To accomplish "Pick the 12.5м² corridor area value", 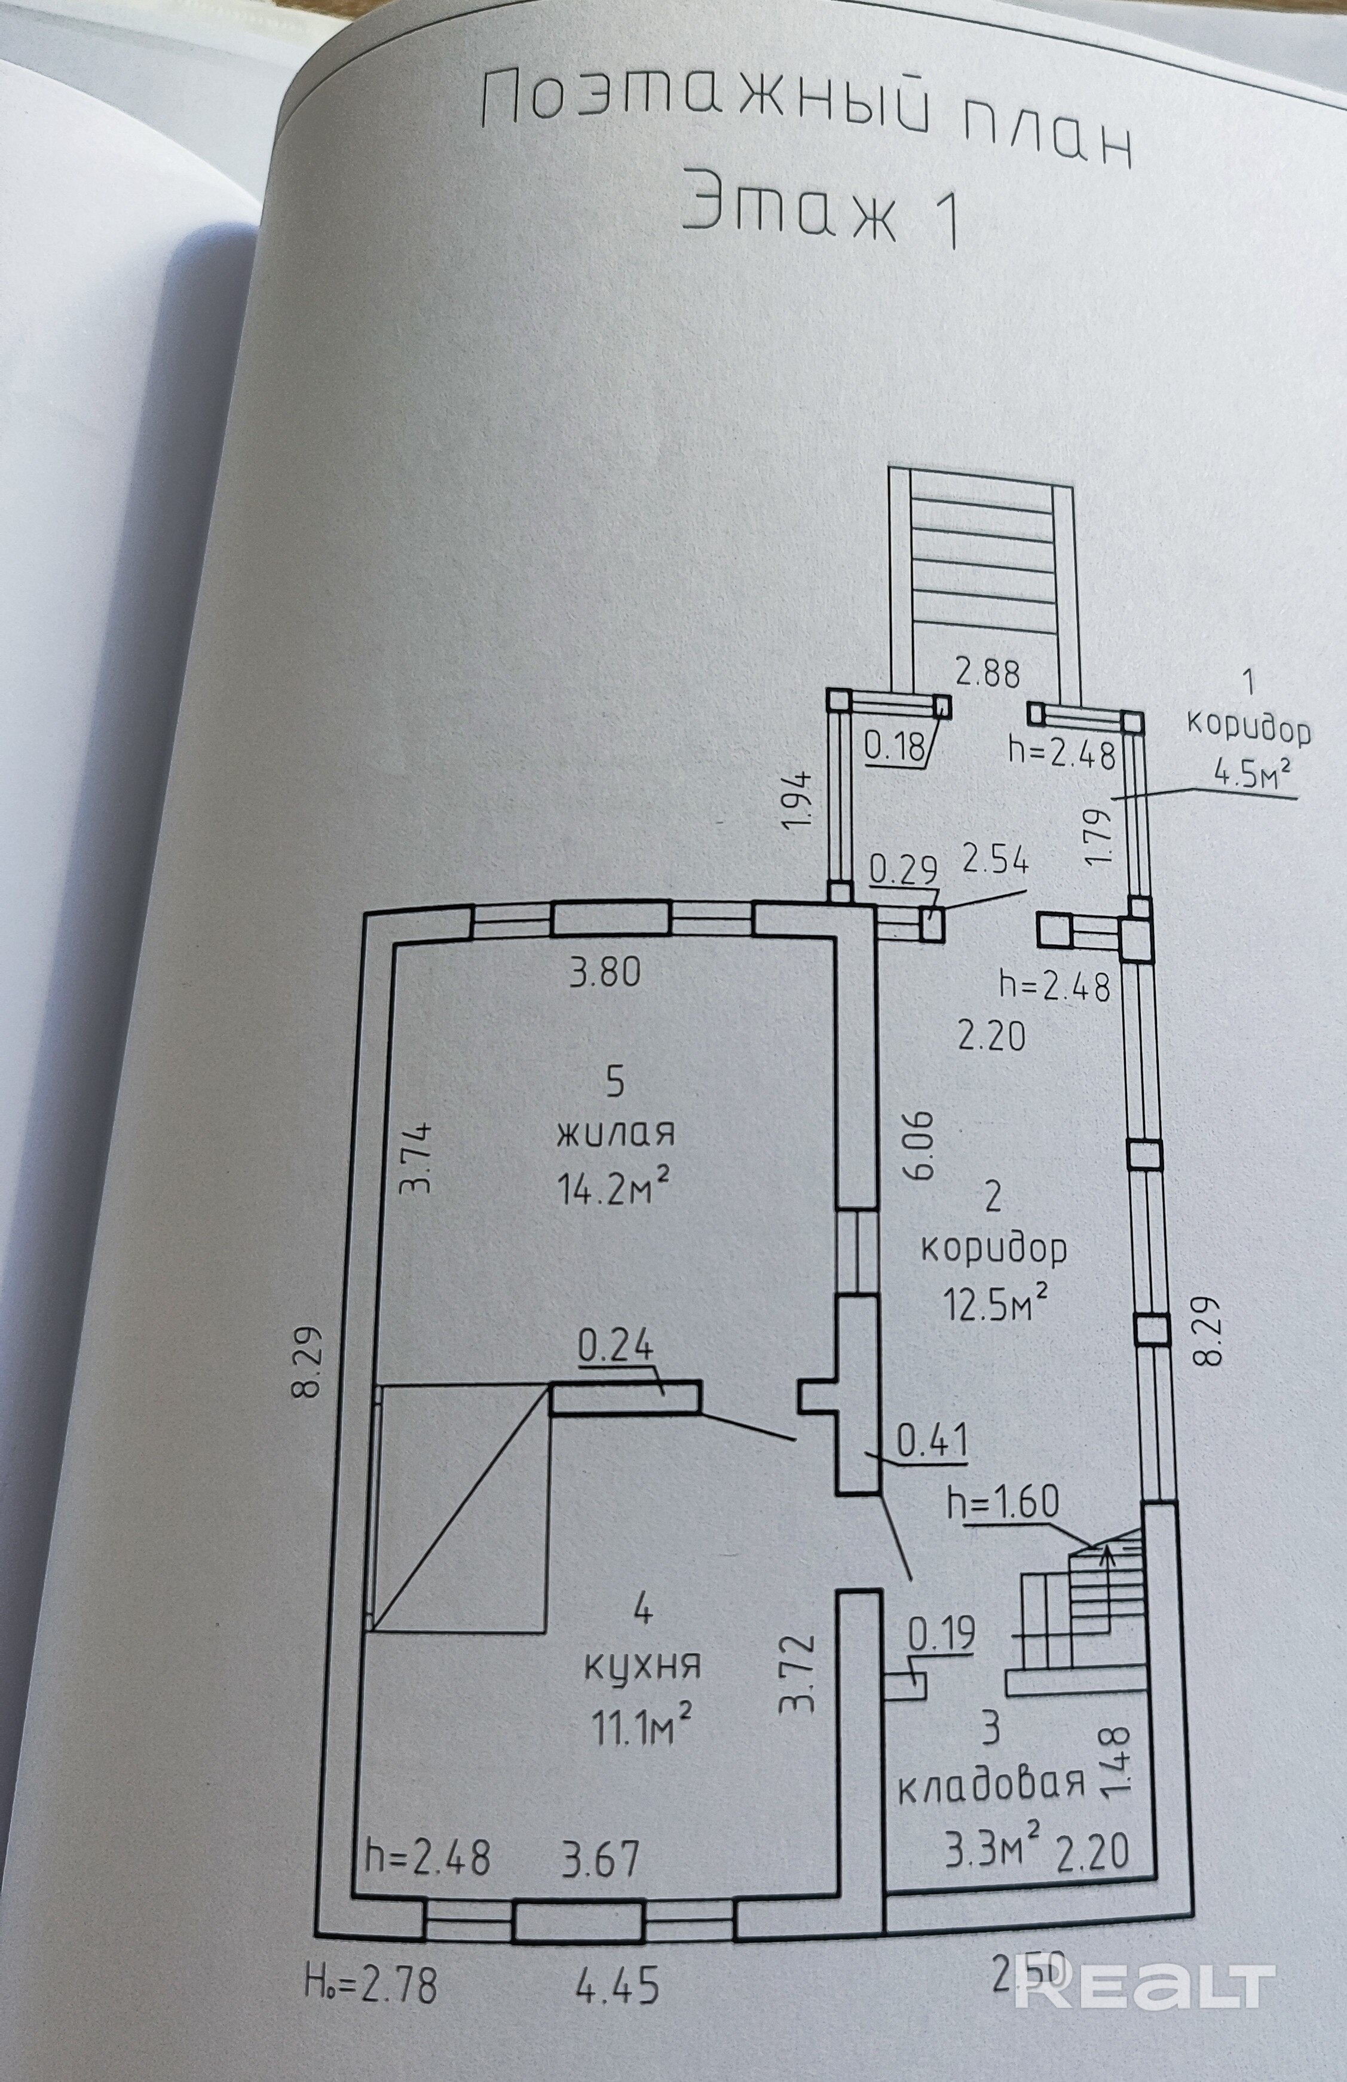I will pos(994,1304).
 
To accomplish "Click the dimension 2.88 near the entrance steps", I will pos(987,673).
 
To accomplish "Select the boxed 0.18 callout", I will pos(894,746).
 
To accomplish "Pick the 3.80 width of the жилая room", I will pos(605,972).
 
